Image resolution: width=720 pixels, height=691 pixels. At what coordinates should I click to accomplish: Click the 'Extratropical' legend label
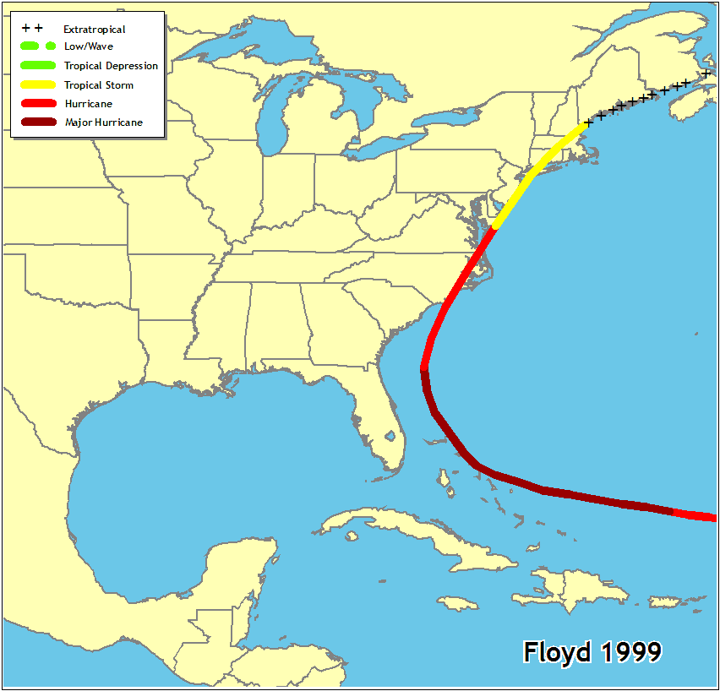pos(94,30)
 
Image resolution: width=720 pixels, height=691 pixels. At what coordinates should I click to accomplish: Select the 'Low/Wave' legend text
pos(88,46)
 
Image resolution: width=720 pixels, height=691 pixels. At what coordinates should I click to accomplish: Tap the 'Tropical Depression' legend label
pos(111,66)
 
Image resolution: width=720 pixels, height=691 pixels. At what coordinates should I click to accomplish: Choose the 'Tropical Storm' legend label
pos(99,85)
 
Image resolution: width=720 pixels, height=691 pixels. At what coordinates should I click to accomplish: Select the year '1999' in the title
pos(630,652)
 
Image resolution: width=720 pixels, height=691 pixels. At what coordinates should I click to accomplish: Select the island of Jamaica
pos(457,602)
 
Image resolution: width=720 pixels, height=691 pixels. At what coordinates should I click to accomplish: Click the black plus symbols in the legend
pos(32,29)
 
